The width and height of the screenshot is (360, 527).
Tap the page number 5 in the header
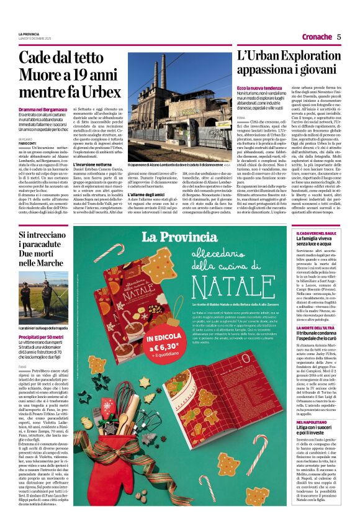[x=339, y=37]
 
